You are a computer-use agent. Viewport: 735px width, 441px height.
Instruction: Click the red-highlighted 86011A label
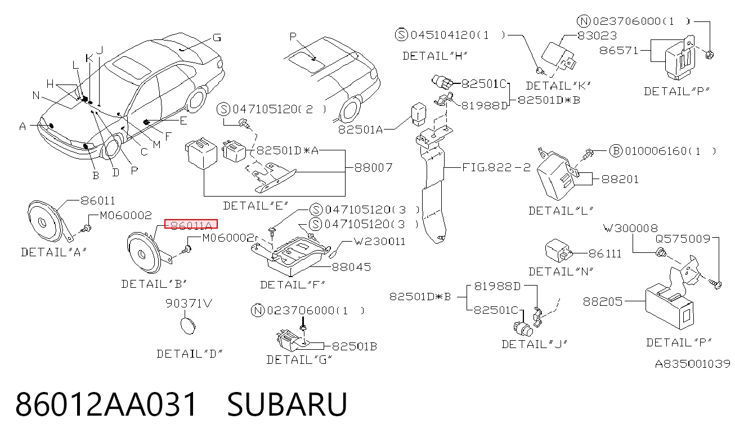pos(191,224)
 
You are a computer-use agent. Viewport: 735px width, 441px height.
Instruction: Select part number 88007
pos(373,168)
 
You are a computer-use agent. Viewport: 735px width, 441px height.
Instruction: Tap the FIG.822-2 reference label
pos(496,167)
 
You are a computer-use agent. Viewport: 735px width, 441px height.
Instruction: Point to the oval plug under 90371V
pos(188,326)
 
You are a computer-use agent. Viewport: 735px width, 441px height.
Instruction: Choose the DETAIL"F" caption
pos(292,284)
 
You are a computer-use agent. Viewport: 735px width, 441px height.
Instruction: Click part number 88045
pos(351,267)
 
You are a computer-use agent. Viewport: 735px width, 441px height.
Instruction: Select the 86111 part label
pos(605,253)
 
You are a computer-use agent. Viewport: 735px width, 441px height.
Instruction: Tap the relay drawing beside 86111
pos(558,251)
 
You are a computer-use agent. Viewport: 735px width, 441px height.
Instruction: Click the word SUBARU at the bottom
pos(287,404)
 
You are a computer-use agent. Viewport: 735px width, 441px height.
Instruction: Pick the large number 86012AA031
pos(106,404)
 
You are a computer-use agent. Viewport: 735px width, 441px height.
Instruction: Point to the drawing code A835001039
pos(693,364)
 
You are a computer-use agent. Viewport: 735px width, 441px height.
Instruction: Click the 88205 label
pos(602,301)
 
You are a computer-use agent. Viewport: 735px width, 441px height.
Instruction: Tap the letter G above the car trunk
pos(217,37)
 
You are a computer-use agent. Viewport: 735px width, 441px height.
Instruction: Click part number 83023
pos(597,35)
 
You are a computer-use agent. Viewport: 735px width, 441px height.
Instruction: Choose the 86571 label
pos(619,50)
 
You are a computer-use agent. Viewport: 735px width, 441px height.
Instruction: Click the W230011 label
pos(380,242)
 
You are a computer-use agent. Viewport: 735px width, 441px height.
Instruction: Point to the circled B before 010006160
pos(616,151)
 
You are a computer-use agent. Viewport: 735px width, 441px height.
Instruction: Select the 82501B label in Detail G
pos(355,346)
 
